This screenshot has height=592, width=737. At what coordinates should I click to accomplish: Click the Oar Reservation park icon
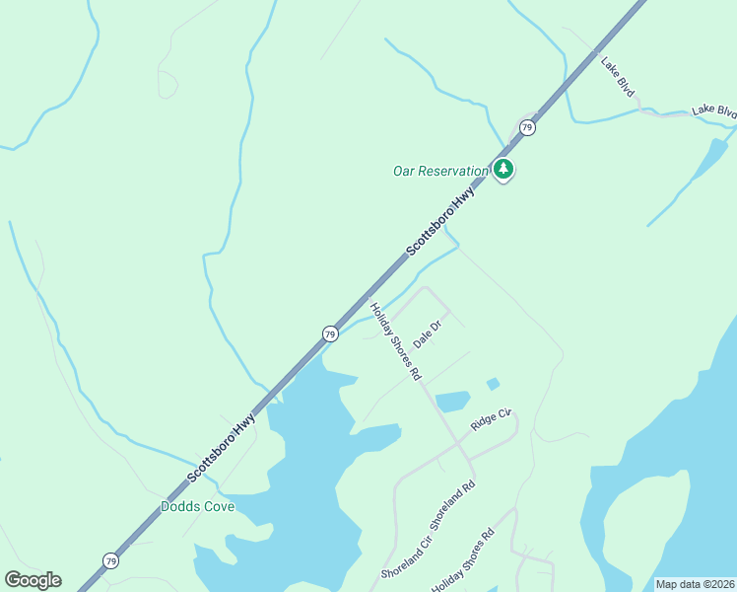[x=503, y=170]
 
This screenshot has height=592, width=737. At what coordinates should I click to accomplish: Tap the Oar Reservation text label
[x=440, y=171]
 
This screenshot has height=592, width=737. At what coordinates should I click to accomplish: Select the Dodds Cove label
[x=197, y=507]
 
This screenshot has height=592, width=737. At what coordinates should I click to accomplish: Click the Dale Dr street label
[x=426, y=335]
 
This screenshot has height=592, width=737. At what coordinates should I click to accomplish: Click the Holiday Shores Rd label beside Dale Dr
[x=395, y=341]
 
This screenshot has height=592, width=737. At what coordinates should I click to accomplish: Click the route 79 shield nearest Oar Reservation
[x=527, y=127]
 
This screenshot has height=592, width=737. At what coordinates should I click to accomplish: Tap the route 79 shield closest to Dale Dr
[x=330, y=334]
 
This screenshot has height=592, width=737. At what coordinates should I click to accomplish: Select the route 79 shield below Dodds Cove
[x=110, y=560]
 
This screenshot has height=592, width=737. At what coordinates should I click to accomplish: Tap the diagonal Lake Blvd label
[x=618, y=76]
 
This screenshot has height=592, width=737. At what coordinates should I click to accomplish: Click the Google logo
[x=33, y=580]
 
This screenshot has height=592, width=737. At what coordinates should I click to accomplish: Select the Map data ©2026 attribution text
[x=696, y=584]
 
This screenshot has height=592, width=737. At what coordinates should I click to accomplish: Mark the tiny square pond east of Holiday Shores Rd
[x=493, y=384]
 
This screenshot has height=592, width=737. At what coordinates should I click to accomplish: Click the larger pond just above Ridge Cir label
[x=453, y=402]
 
